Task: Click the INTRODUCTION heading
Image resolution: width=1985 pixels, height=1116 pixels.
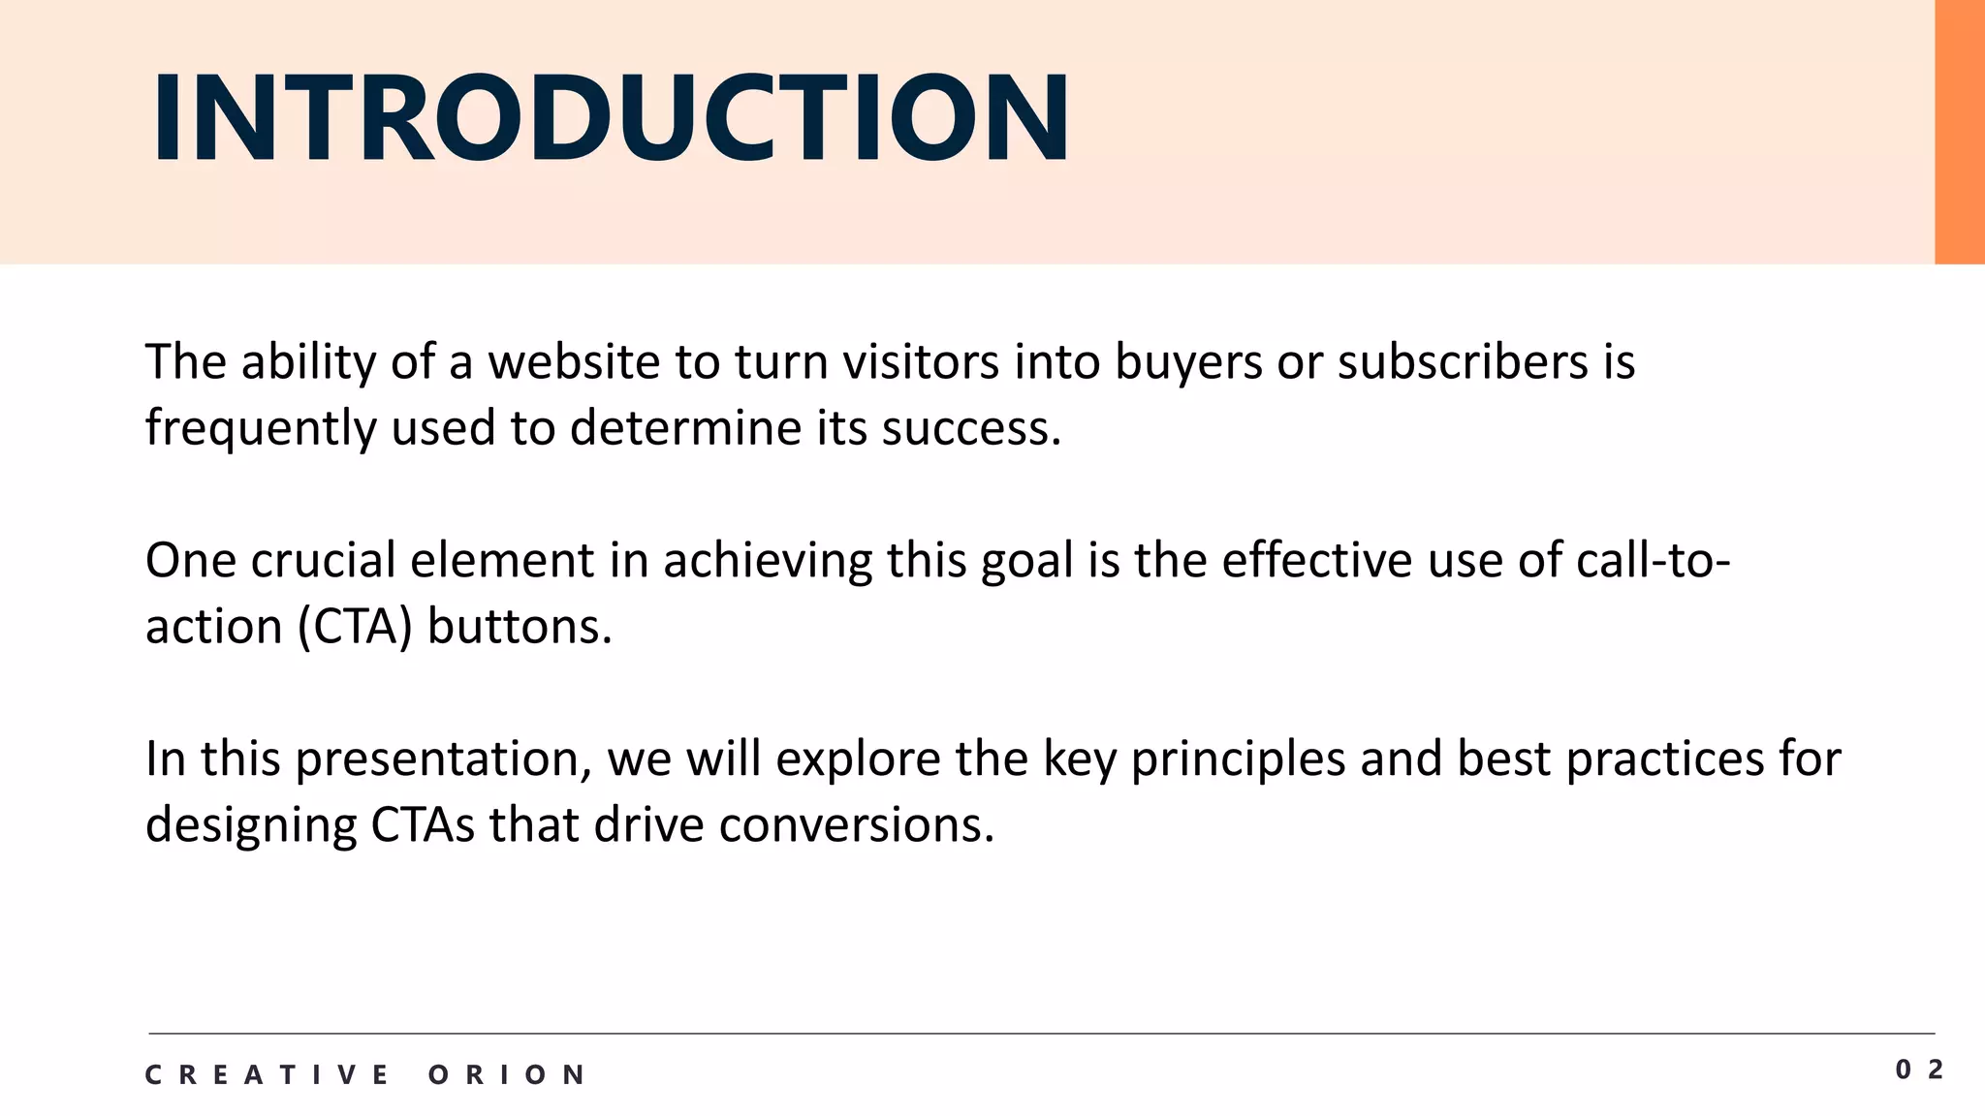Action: click(x=611, y=118)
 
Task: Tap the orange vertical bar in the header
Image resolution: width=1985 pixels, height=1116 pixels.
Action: click(x=1959, y=132)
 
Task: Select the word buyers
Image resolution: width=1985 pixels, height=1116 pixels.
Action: click(x=1188, y=362)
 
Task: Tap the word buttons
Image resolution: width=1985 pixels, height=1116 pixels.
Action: click(x=520, y=627)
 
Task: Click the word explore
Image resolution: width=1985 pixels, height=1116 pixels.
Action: click(x=858, y=759)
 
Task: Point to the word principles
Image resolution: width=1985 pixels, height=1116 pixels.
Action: click(x=1238, y=759)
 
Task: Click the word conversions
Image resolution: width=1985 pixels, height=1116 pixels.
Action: click(x=857, y=825)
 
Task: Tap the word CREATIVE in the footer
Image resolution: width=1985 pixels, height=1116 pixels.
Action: click(x=267, y=1074)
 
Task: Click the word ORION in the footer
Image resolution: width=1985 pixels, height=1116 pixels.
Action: click(x=507, y=1074)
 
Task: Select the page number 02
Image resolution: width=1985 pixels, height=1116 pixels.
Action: click(x=1919, y=1069)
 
